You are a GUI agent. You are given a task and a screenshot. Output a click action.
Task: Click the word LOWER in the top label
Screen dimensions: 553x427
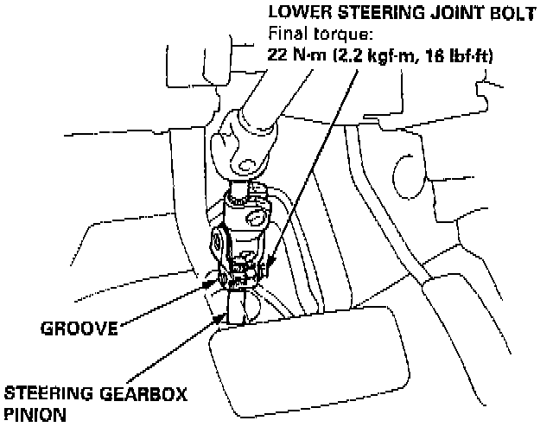[296, 13]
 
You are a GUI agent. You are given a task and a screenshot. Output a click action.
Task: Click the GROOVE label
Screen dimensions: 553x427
[77, 328]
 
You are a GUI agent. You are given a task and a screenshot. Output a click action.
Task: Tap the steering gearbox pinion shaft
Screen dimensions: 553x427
[238, 307]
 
